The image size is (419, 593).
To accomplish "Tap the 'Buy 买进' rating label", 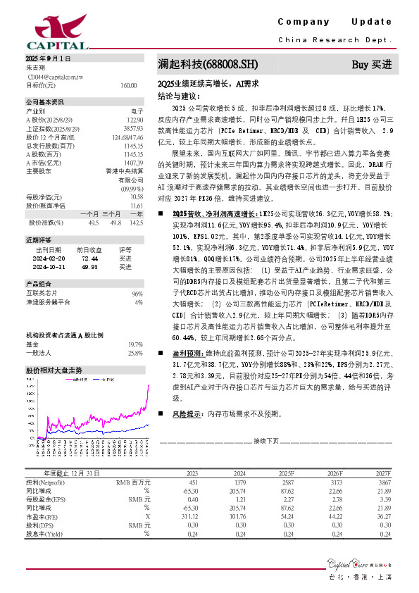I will click(371, 65).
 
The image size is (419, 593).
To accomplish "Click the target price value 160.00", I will click(128, 85).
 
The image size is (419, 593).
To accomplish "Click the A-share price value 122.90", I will click(135, 120).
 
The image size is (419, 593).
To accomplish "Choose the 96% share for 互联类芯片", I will click(137, 293).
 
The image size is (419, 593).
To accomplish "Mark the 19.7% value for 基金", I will click(135, 344).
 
